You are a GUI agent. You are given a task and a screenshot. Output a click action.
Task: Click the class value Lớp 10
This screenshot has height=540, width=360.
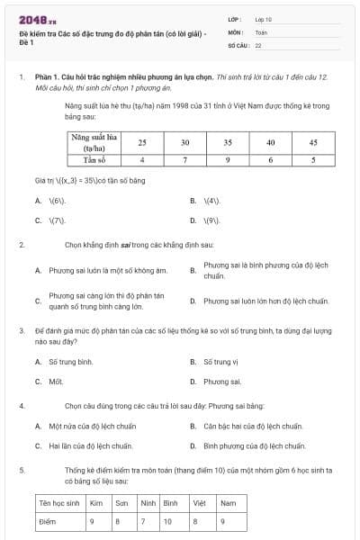[x=263, y=19]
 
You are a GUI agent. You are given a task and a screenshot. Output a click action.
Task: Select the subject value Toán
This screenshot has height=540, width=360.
[x=261, y=31]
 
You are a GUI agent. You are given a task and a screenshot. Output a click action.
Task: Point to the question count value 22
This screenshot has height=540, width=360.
[x=258, y=44]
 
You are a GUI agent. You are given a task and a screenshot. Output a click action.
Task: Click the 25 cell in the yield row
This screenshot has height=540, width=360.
[x=142, y=142]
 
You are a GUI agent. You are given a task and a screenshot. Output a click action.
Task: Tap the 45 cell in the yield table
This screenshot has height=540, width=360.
[x=313, y=142]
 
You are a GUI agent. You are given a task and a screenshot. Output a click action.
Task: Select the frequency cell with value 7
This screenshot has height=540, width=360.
[x=184, y=159]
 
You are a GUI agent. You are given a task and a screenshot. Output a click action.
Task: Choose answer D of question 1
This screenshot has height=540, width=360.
[x=212, y=220]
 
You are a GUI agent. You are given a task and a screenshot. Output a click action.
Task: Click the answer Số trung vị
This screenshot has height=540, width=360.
[x=220, y=362]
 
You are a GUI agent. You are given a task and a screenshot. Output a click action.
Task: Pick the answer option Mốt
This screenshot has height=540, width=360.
[x=56, y=382]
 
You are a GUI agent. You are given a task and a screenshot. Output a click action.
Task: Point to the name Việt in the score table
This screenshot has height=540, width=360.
[x=200, y=502]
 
